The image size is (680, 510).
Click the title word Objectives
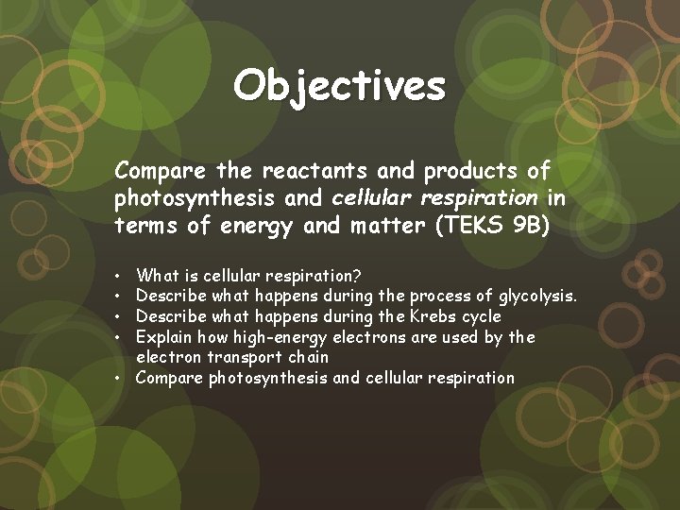[340, 86]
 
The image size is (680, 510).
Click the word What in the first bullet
[157, 276]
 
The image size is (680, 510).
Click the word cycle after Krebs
[483, 316]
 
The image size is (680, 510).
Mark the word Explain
[164, 337]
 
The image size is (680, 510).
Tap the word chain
[307, 357]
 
